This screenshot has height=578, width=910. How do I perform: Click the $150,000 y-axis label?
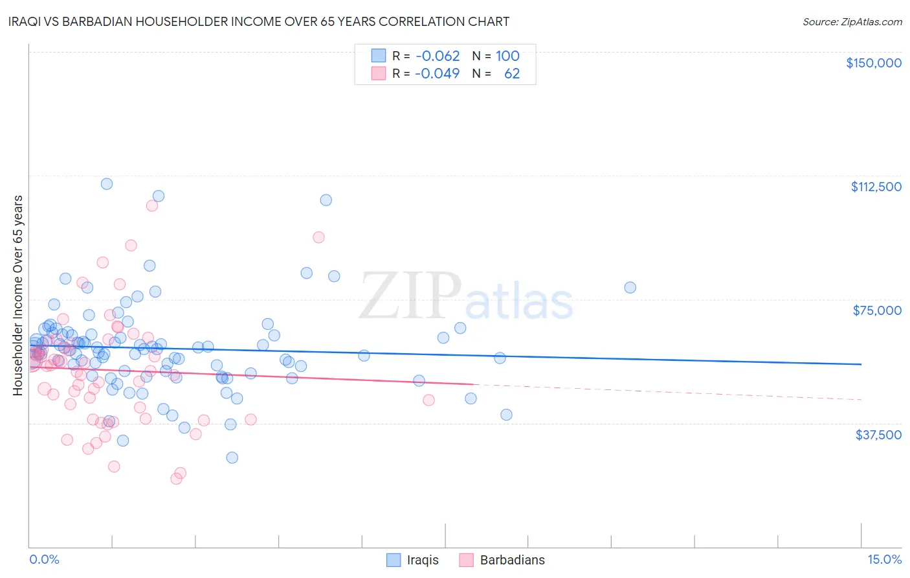pyautogui.click(x=873, y=63)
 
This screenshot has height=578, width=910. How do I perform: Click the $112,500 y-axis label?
pyautogui.click(x=876, y=187)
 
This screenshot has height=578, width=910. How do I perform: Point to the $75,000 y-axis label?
pyautogui.click(x=877, y=310)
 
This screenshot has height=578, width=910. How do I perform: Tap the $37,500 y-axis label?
pyautogui.click(x=878, y=435)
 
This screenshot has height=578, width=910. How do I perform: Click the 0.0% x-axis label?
pyautogui.click(x=44, y=559)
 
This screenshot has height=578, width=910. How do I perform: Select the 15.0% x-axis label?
pyautogui.click(x=884, y=559)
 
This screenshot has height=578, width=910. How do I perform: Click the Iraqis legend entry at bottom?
pyautogui.click(x=422, y=560)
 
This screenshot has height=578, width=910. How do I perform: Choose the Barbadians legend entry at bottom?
pyautogui.click(x=512, y=560)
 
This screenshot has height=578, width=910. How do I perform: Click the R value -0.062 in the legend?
pyautogui.click(x=438, y=56)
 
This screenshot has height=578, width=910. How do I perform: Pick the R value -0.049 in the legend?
pyautogui.click(x=438, y=73)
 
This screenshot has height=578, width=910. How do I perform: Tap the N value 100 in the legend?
pyautogui.click(x=507, y=56)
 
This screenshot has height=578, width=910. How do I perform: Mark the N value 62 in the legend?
pyautogui.click(x=511, y=73)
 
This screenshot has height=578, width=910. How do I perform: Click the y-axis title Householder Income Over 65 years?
pyautogui.click(x=17, y=295)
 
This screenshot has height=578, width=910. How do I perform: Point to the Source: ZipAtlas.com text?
pyautogui.click(x=852, y=21)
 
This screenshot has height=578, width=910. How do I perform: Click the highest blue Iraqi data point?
pyautogui.click(x=107, y=183)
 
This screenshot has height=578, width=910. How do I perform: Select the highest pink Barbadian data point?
pyautogui.click(x=152, y=205)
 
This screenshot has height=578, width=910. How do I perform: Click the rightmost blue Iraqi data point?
pyautogui.click(x=630, y=287)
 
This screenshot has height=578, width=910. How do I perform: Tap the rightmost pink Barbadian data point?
pyautogui.click(x=428, y=400)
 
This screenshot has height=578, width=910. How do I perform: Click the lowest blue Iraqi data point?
pyautogui.click(x=232, y=457)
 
